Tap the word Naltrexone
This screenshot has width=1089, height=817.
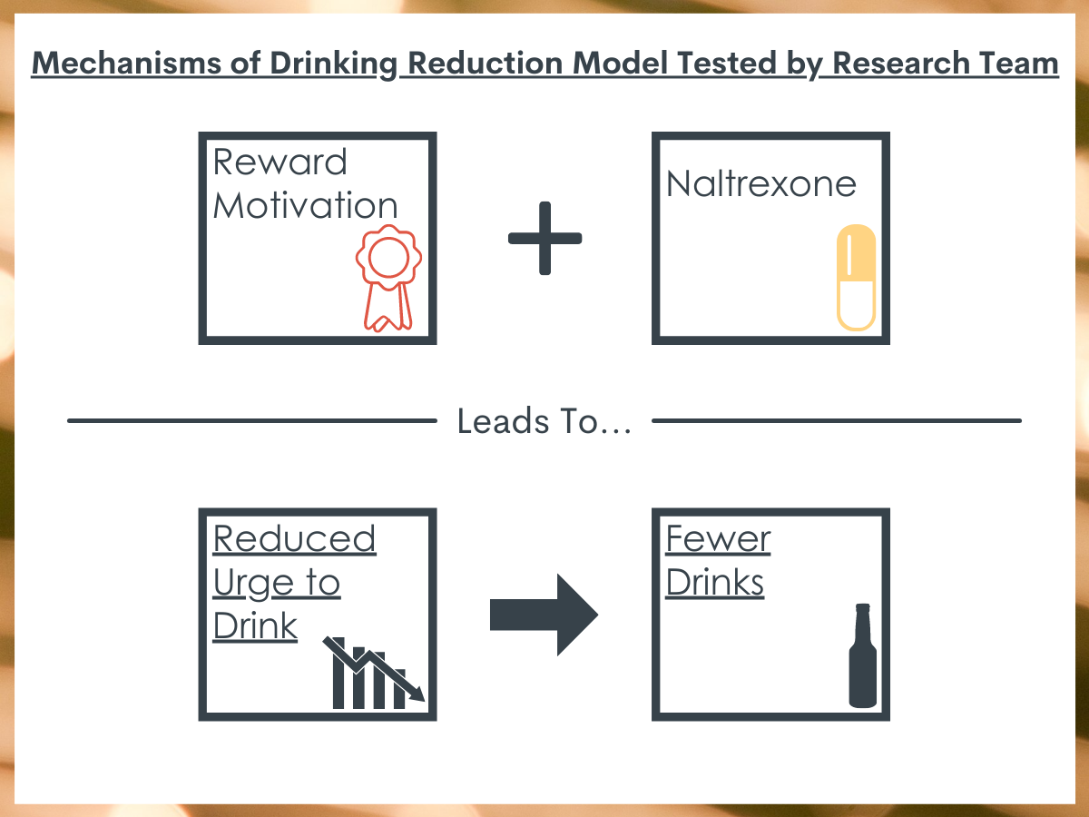[x=761, y=184]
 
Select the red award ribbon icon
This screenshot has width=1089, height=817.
[x=388, y=278]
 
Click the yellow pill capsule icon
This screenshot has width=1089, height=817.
[x=856, y=277]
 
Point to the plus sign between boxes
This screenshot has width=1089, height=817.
[x=544, y=238]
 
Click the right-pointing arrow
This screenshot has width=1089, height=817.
[x=544, y=615]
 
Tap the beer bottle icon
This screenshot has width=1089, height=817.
[x=863, y=655]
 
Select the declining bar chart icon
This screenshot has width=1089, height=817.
[x=374, y=673]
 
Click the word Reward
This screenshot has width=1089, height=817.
[x=280, y=162]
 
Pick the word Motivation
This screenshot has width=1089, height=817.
[x=306, y=205]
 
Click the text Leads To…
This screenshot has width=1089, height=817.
[x=544, y=421]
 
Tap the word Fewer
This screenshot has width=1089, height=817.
[x=718, y=538]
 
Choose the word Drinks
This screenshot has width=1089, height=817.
[x=714, y=582]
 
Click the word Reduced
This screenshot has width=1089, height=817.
[x=295, y=538]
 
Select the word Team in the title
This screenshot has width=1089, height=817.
[x=1019, y=64]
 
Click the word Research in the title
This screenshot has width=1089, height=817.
[x=901, y=64]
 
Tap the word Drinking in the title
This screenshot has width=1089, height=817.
[x=334, y=64]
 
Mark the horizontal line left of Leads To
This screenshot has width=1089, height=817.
[x=252, y=420]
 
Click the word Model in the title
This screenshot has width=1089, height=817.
[x=620, y=64]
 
